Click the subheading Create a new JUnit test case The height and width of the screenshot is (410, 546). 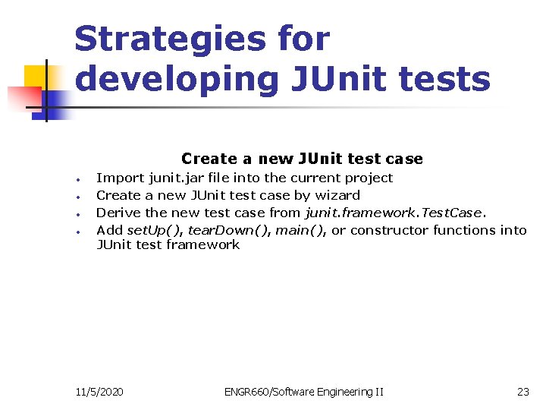302,159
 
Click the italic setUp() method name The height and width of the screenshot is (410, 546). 154,229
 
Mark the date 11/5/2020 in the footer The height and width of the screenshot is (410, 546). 100,392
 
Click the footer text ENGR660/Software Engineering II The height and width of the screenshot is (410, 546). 303,392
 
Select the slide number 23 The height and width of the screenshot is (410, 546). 522,392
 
